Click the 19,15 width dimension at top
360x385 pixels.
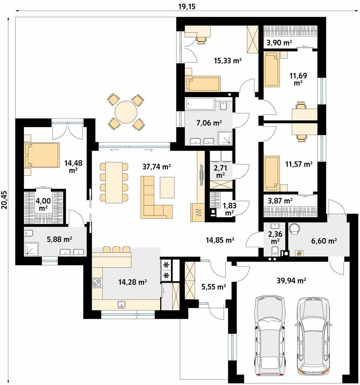point(187,7)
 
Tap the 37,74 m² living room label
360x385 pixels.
point(157,167)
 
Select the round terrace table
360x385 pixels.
point(126,112)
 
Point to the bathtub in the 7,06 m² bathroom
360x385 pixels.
point(200,104)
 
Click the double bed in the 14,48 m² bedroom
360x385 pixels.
point(42,155)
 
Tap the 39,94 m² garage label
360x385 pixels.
point(291,281)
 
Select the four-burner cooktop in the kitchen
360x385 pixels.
point(96,283)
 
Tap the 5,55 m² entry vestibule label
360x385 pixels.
point(214,286)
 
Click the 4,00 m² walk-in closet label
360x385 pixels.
point(43,205)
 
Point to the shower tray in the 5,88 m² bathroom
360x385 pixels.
point(32,249)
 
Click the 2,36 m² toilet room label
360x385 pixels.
point(275,237)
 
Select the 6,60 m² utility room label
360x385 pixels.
point(324,241)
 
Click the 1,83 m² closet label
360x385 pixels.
point(229,209)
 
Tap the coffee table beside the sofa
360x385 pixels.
point(167,187)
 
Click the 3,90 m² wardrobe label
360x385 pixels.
point(279,43)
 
